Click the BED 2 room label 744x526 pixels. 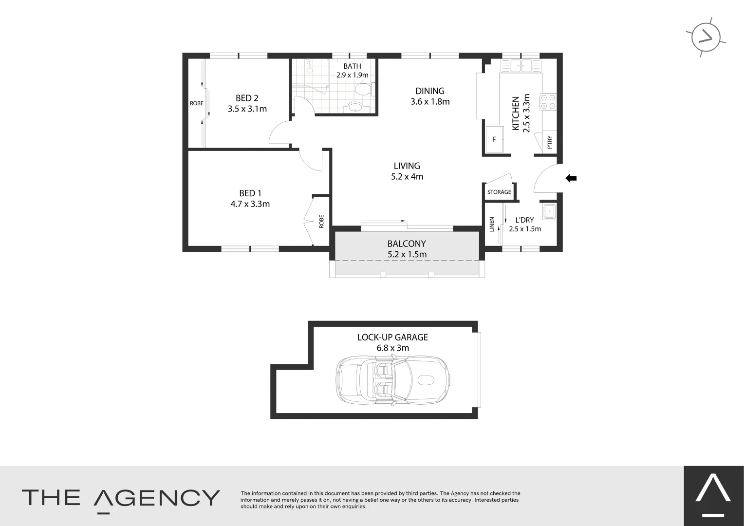click(x=246, y=98)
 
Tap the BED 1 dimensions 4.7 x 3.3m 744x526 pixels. click(x=250, y=204)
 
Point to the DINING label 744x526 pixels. click(x=429, y=91)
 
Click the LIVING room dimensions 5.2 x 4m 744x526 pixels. click(x=407, y=177)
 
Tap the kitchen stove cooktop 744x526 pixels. click(x=548, y=101)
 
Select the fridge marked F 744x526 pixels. click(x=494, y=139)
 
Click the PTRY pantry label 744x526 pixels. click(x=550, y=142)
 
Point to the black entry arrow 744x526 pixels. click(x=571, y=178)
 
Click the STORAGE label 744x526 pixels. click(x=499, y=192)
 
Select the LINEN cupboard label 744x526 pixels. click(x=492, y=224)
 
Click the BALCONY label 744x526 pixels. click(x=407, y=244)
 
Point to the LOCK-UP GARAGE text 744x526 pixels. click(x=392, y=337)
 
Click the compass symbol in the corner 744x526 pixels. click(x=706, y=37)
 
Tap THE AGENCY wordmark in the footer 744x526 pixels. click(x=121, y=498)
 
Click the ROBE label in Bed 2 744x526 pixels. click(x=196, y=103)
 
